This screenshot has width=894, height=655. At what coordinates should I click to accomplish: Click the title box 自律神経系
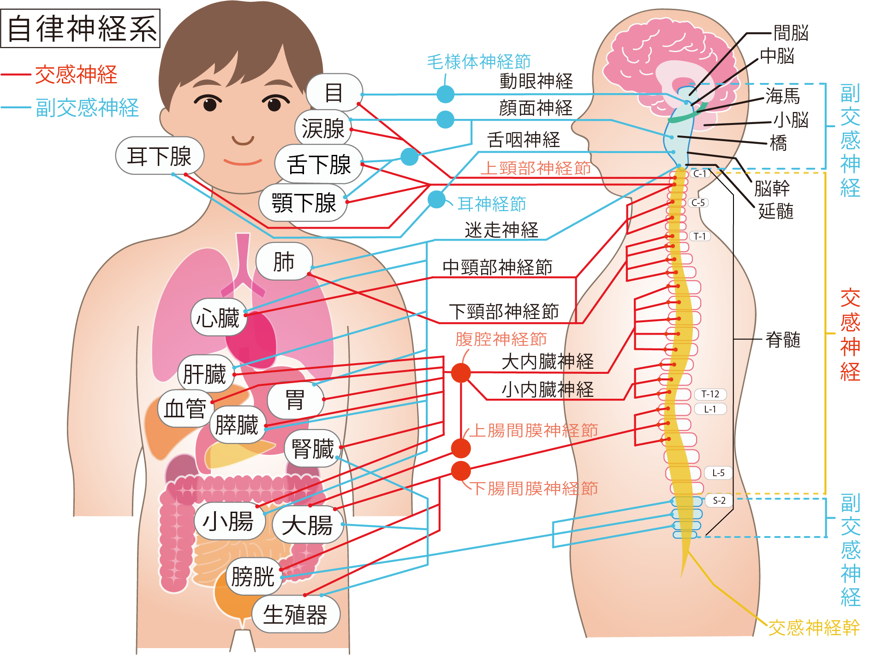(80, 28)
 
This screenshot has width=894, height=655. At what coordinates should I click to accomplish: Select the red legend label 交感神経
(76, 75)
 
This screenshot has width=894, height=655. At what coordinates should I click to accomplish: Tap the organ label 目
(334, 93)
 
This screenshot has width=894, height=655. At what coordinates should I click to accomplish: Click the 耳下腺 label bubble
(159, 156)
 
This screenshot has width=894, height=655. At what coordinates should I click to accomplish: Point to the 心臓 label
(218, 318)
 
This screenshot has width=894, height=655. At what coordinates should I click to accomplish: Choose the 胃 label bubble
(295, 399)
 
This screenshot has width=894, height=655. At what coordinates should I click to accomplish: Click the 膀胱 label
(253, 576)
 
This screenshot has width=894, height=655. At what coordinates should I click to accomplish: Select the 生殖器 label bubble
(295, 614)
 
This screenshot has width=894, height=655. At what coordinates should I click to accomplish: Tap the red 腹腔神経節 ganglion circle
(460, 372)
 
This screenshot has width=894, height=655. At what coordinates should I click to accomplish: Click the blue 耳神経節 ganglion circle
(436, 200)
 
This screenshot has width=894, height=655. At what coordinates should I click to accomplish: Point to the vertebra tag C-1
(700, 174)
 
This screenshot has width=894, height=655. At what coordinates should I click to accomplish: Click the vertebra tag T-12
(710, 394)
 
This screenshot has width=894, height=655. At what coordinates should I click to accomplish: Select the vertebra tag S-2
(719, 501)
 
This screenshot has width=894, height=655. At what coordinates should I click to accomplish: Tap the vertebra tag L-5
(718, 473)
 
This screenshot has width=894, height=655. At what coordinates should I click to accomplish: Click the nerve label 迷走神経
(501, 230)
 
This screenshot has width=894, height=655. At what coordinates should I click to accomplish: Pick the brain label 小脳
(791, 120)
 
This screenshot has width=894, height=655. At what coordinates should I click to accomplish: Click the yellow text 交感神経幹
(813, 627)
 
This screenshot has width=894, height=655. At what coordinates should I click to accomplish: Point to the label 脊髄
(783, 340)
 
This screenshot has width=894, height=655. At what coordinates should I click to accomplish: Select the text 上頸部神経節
(536, 168)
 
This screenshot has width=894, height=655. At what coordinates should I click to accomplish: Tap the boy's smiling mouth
(243, 161)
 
